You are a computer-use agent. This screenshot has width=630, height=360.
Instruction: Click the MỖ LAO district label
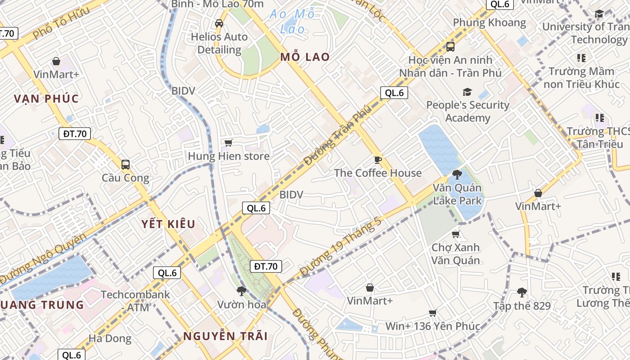pos(305,57)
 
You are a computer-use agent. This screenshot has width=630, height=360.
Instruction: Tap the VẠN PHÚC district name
pos(46,99)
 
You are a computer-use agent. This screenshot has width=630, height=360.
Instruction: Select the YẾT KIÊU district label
pos(168,224)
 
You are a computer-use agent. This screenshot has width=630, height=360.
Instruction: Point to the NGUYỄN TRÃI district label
pos(225,336)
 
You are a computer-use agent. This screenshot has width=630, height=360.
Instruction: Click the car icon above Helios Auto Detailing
pos(219,23)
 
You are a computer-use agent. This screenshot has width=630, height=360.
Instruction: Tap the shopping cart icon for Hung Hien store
pos(228,143)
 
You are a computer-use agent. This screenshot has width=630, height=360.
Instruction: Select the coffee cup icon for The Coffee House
pos(378,160)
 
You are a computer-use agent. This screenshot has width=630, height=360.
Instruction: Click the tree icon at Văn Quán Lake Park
pos(457,174)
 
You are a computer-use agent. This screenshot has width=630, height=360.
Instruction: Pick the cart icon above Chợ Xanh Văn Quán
pos(455,234)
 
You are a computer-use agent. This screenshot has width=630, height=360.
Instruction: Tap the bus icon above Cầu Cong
pos(125,165)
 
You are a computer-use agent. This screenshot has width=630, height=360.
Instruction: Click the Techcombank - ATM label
pos(135,301)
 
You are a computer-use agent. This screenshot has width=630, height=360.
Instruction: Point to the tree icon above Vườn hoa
pos(241,291)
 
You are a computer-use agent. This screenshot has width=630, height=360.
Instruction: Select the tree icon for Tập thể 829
pos(522,292)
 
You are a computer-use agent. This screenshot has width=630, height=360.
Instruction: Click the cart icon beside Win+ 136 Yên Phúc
pos(432,313)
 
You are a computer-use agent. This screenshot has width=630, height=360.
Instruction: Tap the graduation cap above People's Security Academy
pos(468,92)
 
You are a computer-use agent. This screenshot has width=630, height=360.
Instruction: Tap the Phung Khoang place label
pos(489,22)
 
